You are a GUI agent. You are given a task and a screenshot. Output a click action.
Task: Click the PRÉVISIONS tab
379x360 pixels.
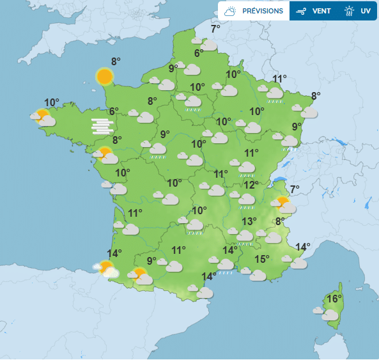tap(254, 11)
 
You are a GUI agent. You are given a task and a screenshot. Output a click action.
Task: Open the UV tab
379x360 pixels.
tap(357, 11)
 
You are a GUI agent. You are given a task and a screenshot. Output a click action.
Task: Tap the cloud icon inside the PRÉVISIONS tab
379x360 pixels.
tap(231, 11)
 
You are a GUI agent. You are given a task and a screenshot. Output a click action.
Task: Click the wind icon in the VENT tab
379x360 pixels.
tap(300, 11)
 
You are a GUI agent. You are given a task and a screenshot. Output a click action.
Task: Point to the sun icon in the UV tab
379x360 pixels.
tap(349, 11)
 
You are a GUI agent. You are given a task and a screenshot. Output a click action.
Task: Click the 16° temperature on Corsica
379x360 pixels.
tap(334, 299)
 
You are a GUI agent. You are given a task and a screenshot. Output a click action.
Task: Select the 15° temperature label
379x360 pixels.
tap(262, 259)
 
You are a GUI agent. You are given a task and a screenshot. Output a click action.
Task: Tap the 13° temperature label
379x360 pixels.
tap(249, 221)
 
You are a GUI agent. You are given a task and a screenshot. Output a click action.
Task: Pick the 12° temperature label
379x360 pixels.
tap(251, 185)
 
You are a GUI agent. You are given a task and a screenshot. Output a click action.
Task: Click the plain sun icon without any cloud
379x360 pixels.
tap(105, 77)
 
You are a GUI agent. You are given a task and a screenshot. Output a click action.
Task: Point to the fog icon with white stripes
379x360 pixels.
tap(101, 125)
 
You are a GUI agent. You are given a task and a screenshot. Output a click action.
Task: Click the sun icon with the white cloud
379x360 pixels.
tap(107, 269)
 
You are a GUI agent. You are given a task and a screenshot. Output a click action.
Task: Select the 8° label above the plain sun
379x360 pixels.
tap(116, 61)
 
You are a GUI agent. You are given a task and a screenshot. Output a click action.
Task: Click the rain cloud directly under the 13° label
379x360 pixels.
tap(245, 237)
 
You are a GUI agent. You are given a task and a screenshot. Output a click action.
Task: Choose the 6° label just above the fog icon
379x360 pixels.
tap(114, 111)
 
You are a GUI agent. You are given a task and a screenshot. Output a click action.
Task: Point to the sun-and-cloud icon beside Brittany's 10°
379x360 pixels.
tap(43, 118)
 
